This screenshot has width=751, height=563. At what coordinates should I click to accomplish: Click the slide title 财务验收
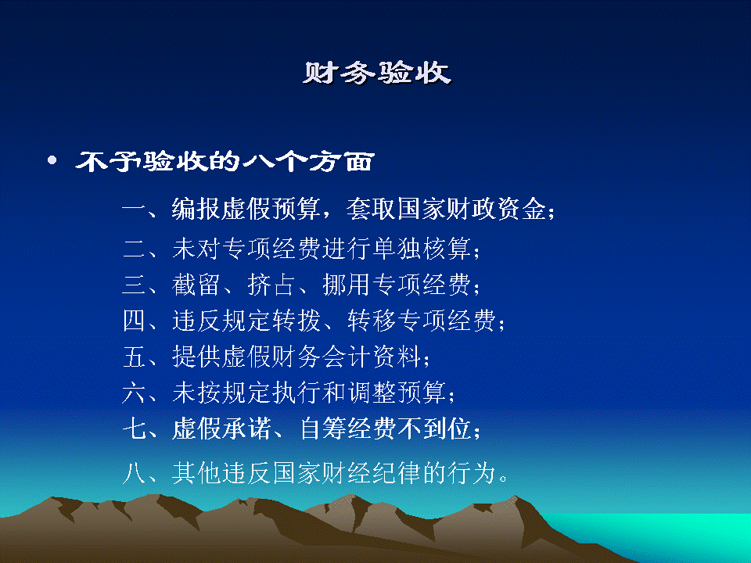[377, 73]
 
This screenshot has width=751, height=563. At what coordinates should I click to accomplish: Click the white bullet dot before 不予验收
[52, 160]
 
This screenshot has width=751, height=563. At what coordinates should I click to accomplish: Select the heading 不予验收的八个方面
[225, 161]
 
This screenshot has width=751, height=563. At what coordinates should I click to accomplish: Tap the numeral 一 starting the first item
[134, 210]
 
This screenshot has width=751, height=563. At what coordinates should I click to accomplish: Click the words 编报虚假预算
[246, 209]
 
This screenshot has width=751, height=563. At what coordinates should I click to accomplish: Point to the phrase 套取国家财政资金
[446, 209]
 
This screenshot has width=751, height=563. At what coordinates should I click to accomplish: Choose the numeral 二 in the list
[134, 249]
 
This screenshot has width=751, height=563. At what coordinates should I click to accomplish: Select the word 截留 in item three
[196, 285]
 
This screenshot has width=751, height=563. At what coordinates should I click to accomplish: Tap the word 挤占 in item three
[271, 285]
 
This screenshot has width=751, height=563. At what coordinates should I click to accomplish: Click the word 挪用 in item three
[347, 285]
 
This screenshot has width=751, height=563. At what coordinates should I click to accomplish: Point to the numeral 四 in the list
[134, 321]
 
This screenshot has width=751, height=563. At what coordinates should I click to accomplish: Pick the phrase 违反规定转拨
[246, 321]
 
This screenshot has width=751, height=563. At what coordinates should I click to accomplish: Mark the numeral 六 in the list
[134, 393]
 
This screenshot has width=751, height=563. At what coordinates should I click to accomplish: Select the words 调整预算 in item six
[397, 393]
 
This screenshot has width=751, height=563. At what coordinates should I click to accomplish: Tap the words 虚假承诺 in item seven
[221, 429]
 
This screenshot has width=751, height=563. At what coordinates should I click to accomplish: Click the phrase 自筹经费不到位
[385, 429]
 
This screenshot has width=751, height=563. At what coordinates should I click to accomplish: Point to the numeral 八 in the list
[134, 473]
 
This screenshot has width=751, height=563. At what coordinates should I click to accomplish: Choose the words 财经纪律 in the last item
[372, 473]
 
